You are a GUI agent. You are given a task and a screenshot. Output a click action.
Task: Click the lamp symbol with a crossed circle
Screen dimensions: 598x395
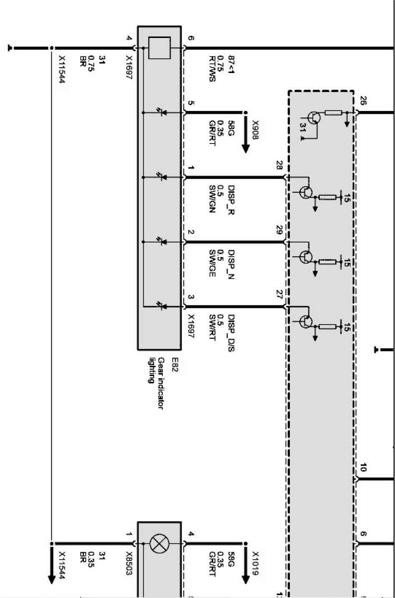point(159,544)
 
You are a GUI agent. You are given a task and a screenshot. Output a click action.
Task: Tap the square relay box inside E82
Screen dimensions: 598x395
point(160,48)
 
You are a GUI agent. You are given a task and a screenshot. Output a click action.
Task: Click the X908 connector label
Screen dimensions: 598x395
point(255,130)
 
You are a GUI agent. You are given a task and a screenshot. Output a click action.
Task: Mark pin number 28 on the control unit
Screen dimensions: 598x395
point(279,165)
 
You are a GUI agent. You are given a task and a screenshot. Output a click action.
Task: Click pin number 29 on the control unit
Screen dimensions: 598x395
point(279,230)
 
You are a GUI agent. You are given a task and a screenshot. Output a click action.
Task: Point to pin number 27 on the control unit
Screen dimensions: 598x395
point(279,295)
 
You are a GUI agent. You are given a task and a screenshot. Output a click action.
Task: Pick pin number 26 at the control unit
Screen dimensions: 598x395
point(363,101)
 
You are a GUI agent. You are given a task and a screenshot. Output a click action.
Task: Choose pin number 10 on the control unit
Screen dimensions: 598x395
point(363,468)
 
